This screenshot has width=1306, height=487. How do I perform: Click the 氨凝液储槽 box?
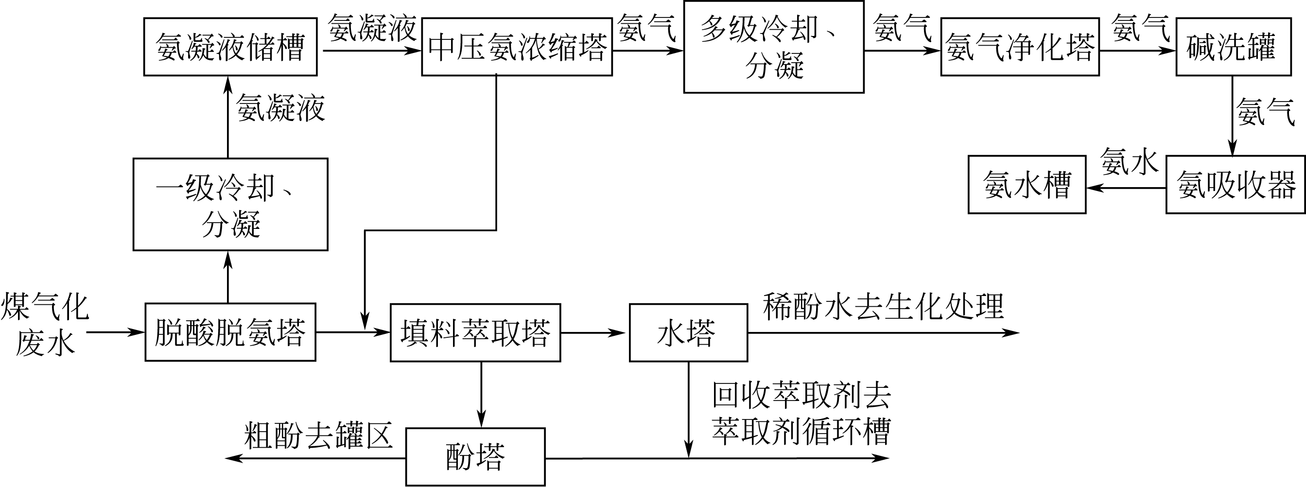coord(230,47)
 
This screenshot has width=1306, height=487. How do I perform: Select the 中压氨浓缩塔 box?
coord(517,47)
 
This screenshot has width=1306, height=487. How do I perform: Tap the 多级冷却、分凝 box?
coord(774,47)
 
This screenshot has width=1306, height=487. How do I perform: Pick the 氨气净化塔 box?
coord(1020,47)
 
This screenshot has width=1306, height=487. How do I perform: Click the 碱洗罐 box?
coord(1234,47)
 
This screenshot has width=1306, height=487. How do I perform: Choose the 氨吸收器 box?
coord(1236,185)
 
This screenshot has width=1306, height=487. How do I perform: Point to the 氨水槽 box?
coord(1027,185)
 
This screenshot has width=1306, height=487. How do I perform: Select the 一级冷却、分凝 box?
coord(230,204)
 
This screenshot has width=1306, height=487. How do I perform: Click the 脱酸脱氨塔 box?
coord(230,332)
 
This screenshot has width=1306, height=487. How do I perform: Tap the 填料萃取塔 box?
coord(475,332)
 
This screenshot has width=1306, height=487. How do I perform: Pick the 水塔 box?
coord(688,332)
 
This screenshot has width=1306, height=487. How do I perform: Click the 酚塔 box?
coord(475,456)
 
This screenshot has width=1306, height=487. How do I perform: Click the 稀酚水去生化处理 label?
coord(883,307)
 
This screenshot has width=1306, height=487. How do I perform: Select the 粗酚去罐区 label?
coord(318,435)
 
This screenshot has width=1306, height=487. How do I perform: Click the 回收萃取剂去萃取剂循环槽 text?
coord(801,413)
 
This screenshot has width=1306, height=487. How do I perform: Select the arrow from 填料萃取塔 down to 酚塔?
coord(481,394)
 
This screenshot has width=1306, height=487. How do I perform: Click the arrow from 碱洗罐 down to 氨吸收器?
coord(1233,117)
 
